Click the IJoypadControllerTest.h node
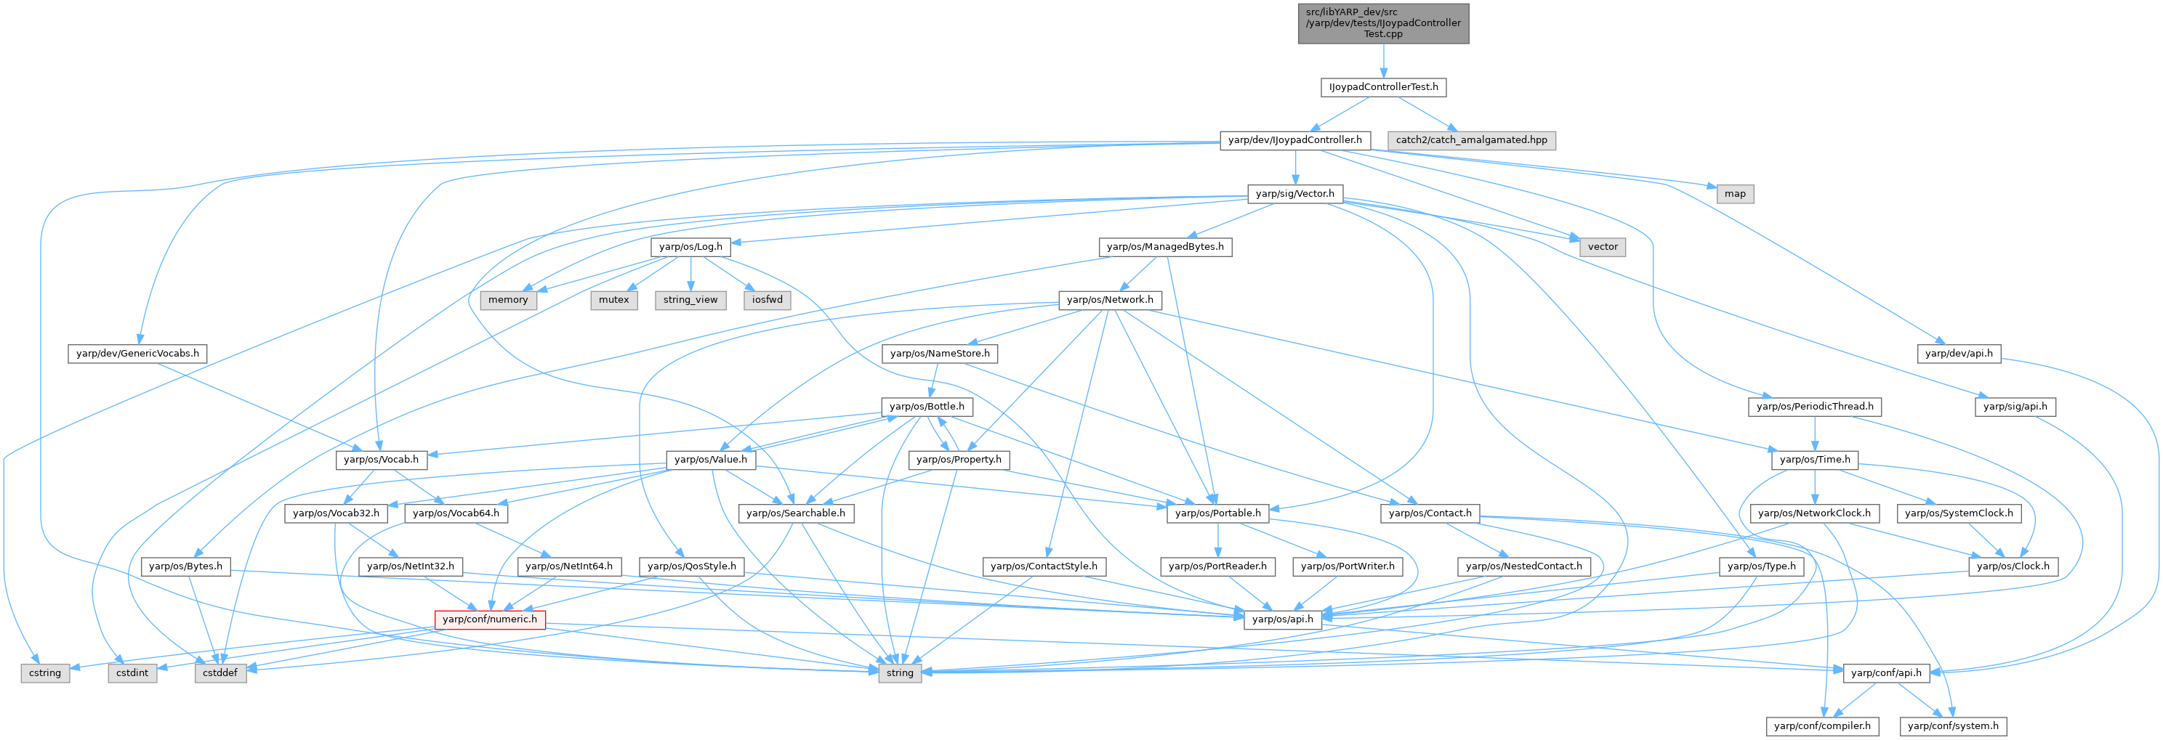[1383, 87]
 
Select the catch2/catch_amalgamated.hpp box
[1471, 140]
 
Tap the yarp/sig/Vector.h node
[1294, 194]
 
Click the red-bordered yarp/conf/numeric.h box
[490, 619]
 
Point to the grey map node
[1735, 194]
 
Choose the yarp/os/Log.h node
[690, 247]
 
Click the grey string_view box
[690, 299]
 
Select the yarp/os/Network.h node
[1110, 299]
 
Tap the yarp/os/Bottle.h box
[927, 407]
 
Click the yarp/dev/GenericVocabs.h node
[137, 353]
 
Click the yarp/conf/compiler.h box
[1822, 725]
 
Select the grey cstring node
[44, 673]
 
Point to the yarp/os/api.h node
[1282, 619]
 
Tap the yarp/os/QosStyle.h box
[692, 566]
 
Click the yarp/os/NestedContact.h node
[1523, 566]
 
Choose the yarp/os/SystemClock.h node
[1958, 513]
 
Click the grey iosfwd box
[768, 299]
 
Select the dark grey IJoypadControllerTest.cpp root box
[1383, 23]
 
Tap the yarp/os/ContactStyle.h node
[1044, 566]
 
